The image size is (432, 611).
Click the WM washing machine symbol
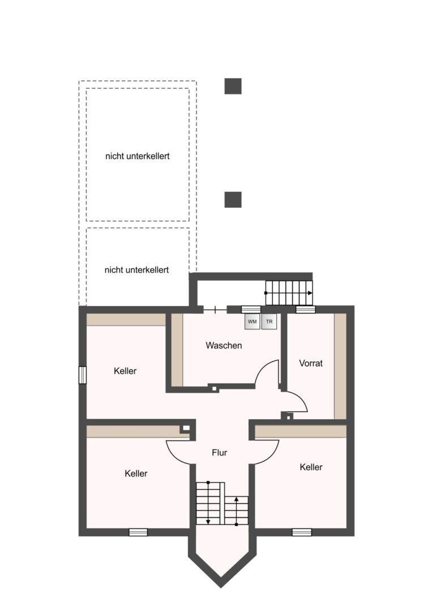coord(253,321)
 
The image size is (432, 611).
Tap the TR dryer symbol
coord(269,321)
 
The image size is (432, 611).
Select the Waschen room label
coord(224,345)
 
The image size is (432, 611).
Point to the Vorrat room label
coord(311,363)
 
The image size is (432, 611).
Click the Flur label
coord(220,453)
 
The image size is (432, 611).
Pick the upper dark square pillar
coord(233,86)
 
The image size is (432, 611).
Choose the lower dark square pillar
coord(233,200)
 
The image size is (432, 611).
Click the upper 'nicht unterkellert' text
coord(137,156)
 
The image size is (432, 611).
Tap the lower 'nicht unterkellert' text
coord(136,270)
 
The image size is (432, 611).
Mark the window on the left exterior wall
coord(83,375)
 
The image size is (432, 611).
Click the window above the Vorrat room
coord(305,309)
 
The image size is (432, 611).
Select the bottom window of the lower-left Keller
coord(138,532)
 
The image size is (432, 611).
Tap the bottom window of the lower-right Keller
coord(302,532)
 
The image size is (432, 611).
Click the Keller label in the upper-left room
coord(125,371)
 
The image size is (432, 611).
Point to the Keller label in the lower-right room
coord(311,467)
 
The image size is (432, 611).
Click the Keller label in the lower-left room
coord(136,474)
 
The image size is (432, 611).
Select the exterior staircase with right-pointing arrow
coord(289,292)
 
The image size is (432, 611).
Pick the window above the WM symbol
coord(251,309)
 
